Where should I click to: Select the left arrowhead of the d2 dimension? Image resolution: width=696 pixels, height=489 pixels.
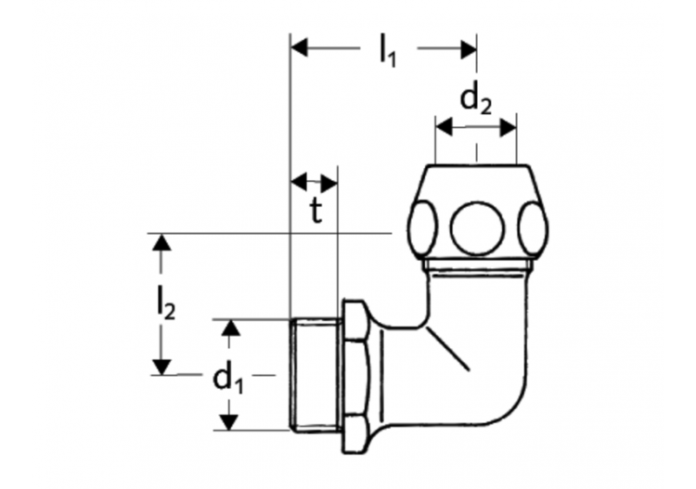(444, 125)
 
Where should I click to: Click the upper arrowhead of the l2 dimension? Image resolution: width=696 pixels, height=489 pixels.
(162, 243)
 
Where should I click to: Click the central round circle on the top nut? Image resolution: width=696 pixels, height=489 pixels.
(476, 225)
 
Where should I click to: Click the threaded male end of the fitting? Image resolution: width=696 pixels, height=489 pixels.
(316, 375)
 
